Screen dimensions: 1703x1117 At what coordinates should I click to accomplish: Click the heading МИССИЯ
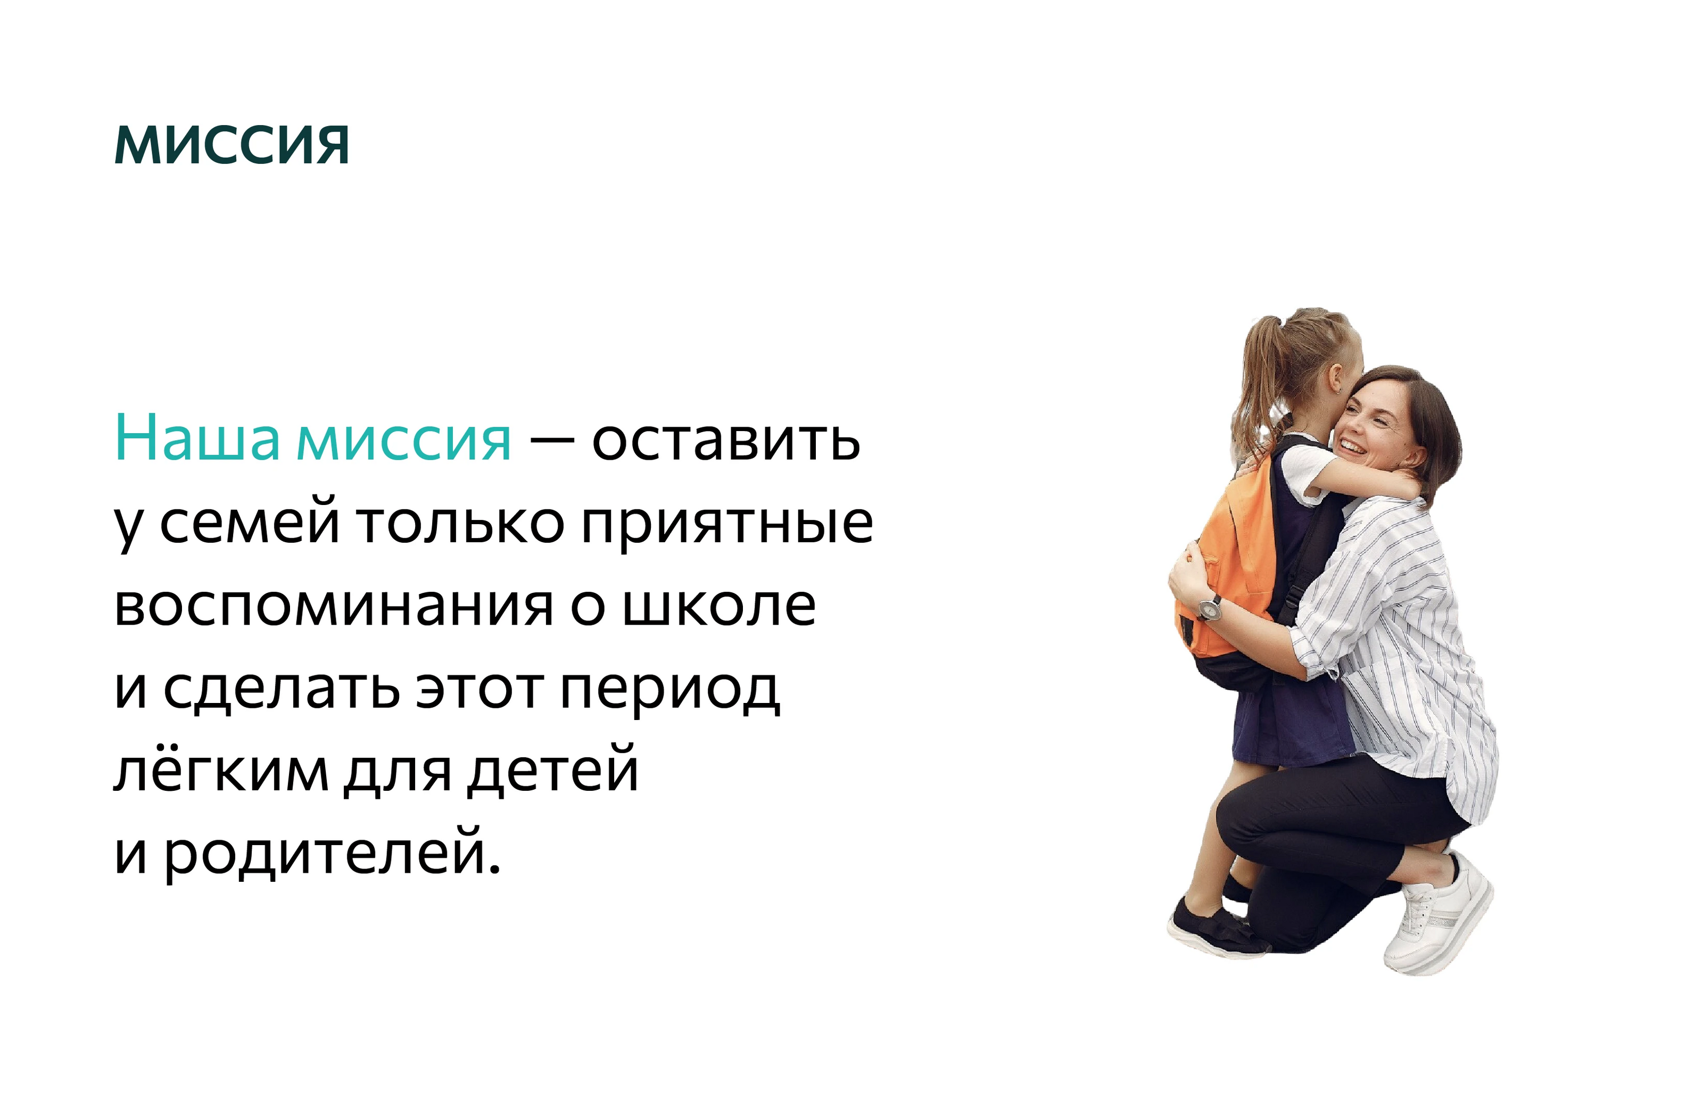coord(232,146)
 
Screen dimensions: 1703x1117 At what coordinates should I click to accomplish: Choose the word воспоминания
coord(334,606)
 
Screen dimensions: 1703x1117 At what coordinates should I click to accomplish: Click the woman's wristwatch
coord(1209,608)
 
